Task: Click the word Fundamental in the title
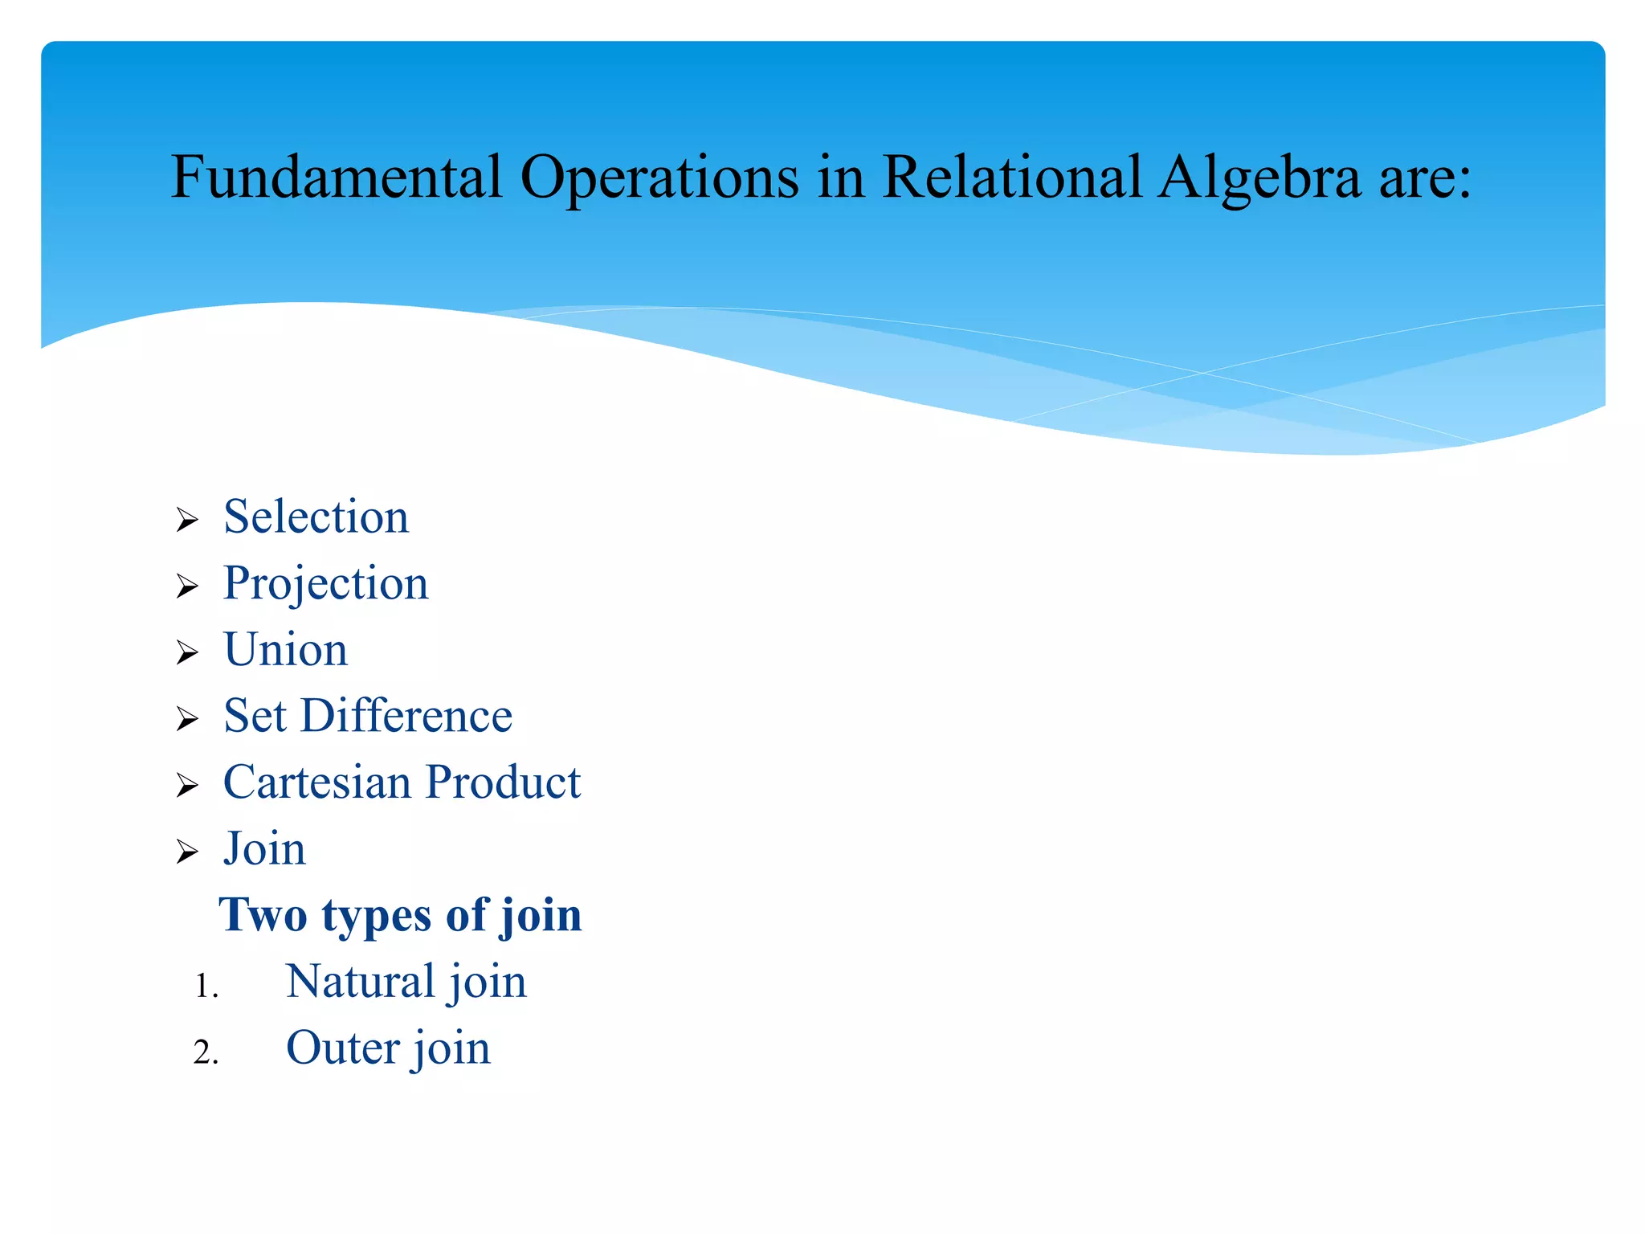pyautogui.click(x=337, y=177)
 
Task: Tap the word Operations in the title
pyautogui.click(x=659, y=177)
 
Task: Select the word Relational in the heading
pyautogui.click(x=1011, y=177)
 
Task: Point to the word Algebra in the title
pyautogui.click(x=1259, y=177)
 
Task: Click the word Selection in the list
pyautogui.click(x=316, y=517)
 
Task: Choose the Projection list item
pyautogui.click(x=325, y=583)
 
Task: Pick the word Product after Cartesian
pyautogui.click(x=503, y=782)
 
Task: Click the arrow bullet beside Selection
pyautogui.click(x=187, y=521)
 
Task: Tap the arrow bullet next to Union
pyautogui.click(x=187, y=653)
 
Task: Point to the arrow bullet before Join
pyautogui.click(x=187, y=852)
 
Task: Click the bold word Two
pyautogui.click(x=263, y=915)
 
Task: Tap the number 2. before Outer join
pyautogui.click(x=206, y=1052)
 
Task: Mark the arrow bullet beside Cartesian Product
pyautogui.click(x=187, y=786)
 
